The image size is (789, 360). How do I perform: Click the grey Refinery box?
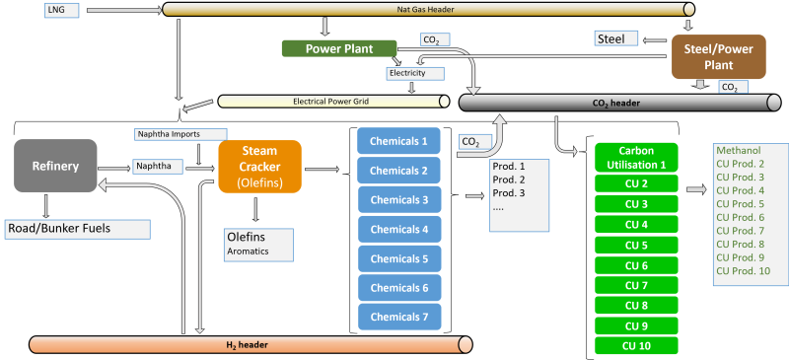pyautogui.click(x=54, y=165)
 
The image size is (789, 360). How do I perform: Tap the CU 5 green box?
pyautogui.click(x=637, y=245)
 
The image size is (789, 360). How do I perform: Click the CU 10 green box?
pyautogui.click(x=637, y=345)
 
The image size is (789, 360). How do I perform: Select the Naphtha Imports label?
pyautogui.click(x=180, y=133)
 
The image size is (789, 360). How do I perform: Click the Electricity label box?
pyautogui.click(x=414, y=72)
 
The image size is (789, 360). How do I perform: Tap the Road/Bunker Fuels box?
pyautogui.click(x=77, y=229)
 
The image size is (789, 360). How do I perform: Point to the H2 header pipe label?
pyautogui.click(x=251, y=344)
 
